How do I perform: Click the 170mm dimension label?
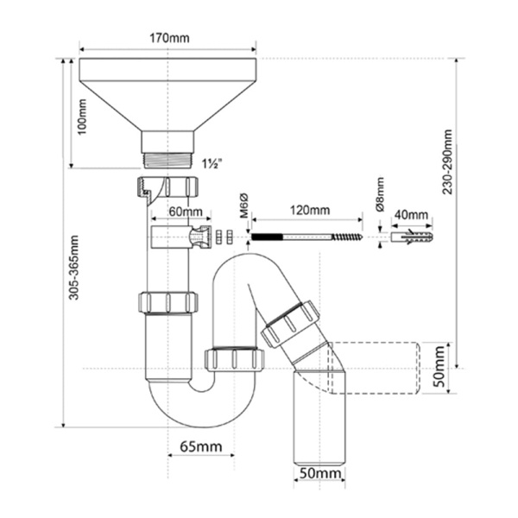click(169, 38)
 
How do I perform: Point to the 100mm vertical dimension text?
click(81, 117)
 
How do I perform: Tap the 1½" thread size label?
click(212, 163)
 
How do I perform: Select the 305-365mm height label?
click(73, 268)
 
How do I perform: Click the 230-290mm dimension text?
click(447, 161)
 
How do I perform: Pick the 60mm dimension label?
click(186, 212)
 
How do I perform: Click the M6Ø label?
click(243, 205)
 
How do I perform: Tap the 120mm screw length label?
click(310, 210)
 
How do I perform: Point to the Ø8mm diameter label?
click(380, 194)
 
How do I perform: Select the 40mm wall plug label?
click(411, 215)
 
